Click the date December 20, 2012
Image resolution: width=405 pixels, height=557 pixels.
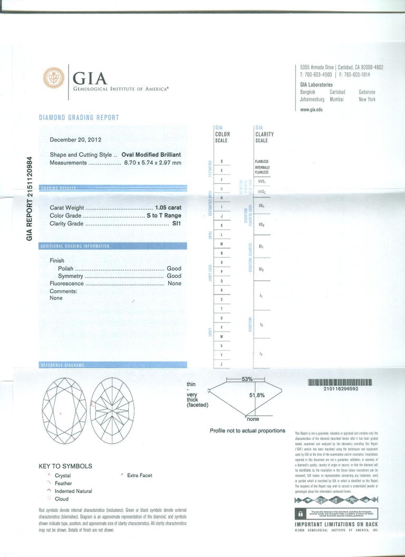coord(75,140)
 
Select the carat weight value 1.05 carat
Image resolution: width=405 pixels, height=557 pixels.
coord(168,208)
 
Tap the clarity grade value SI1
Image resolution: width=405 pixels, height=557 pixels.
coord(176,223)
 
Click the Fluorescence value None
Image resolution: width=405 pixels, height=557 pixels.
coord(174,284)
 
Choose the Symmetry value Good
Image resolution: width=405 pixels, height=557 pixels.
coord(173,276)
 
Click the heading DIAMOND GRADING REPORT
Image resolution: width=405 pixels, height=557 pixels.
coord(79,118)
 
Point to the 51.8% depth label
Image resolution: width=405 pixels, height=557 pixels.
coord(256,394)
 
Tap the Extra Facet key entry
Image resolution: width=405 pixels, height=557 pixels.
coord(139,475)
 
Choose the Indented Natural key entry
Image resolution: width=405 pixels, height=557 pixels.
coord(73,491)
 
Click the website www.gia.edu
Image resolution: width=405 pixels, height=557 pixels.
coord(311,110)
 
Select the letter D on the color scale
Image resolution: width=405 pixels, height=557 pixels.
coord(221,161)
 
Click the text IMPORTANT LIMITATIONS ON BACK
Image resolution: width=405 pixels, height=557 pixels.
coord(336,524)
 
